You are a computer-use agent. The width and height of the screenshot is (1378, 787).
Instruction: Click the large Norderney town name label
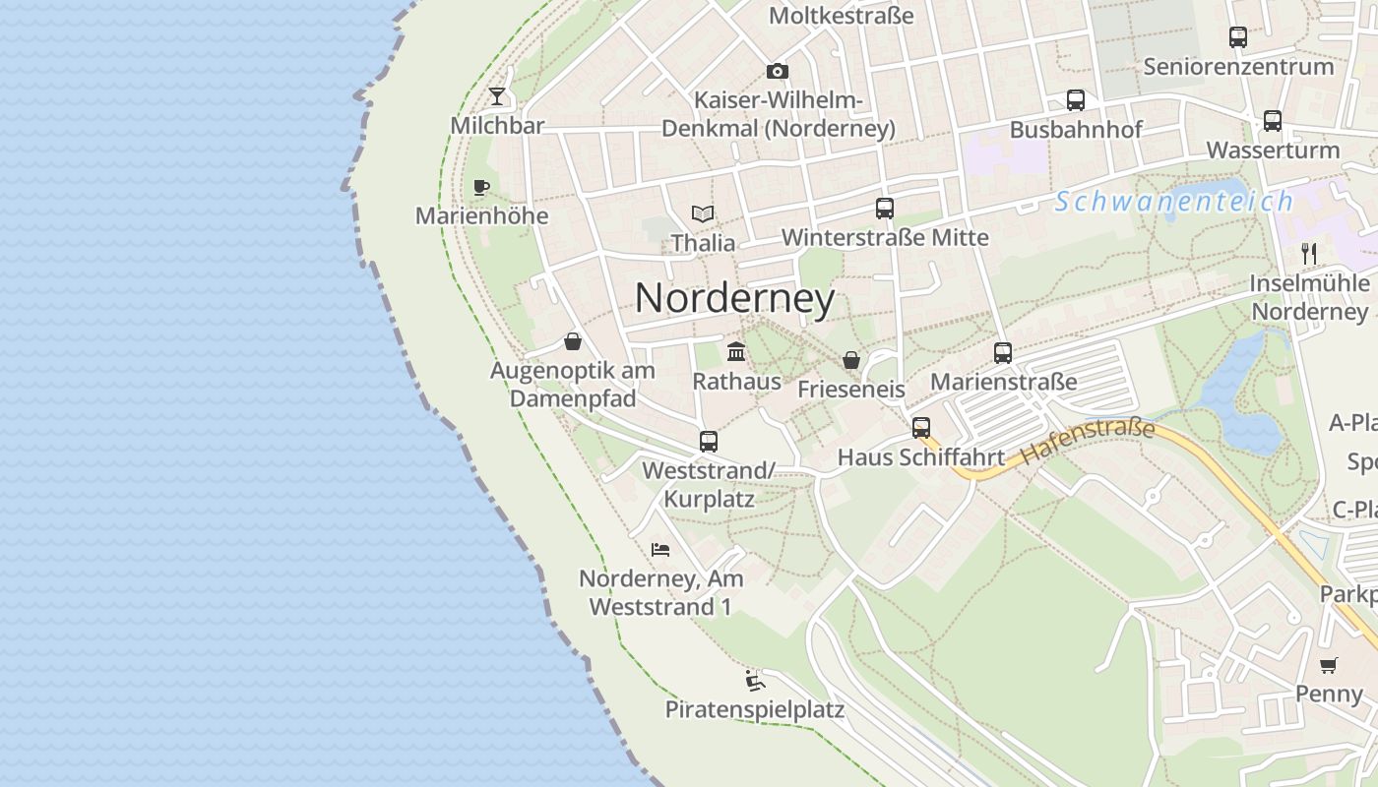734,298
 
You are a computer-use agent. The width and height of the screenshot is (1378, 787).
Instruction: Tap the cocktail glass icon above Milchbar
497,96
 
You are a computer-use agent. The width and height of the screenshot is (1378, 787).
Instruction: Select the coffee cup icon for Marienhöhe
480,187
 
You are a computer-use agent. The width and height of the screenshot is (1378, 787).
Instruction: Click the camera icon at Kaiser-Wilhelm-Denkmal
778,71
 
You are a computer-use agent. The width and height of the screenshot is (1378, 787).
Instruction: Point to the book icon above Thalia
702,213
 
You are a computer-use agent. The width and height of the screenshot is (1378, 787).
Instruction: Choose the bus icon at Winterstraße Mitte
885,209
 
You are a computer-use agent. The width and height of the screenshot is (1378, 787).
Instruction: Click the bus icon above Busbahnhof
1076,100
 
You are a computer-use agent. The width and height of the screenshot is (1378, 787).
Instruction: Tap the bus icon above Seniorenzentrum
1238,37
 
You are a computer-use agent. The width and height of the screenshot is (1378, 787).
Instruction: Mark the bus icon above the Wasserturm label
1273,121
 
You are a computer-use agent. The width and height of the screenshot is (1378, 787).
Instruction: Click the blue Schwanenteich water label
1173,202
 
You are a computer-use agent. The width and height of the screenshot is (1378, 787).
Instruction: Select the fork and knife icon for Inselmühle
1309,254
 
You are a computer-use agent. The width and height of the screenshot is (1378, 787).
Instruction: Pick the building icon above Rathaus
735,352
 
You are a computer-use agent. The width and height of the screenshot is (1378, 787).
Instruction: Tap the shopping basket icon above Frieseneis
851,360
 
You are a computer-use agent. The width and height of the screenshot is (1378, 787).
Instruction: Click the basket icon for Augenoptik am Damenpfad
573,341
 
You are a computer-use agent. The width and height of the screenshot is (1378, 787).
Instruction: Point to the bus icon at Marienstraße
1003,352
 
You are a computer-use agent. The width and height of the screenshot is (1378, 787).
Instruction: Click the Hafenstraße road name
1087,442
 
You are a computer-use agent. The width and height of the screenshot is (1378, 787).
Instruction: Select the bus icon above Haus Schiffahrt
921,428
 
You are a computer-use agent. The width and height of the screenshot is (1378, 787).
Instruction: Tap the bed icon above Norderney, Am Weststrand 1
660,549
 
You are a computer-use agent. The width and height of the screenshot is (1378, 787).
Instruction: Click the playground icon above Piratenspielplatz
755,680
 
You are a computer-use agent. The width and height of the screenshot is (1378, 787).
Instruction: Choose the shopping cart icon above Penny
1329,665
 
